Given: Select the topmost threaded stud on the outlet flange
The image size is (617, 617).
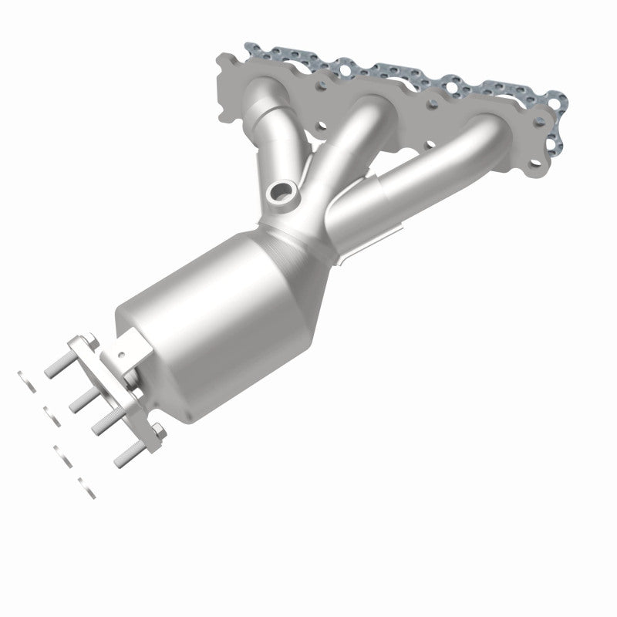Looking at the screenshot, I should coord(56,371).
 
